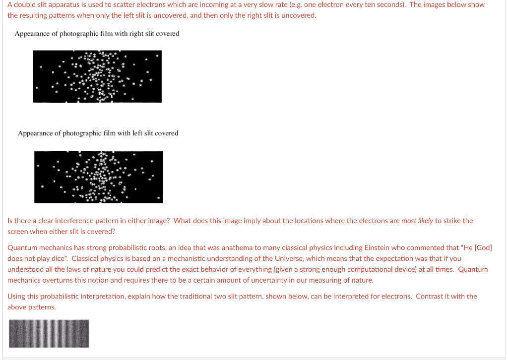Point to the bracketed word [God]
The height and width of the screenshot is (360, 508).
pyautogui.click(x=482, y=247)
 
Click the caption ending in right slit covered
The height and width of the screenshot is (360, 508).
pyautogui.click(x=97, y=34)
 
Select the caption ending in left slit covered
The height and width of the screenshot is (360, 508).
pyautogui.click(x=98, y=133)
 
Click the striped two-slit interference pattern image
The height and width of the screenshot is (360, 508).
pyautogui.click(x=49, y=333)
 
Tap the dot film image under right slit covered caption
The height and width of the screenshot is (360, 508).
pyautogui.click(x=97, y=76)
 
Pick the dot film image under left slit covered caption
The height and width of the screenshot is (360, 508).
pyautogui.click(x=99, y=177)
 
